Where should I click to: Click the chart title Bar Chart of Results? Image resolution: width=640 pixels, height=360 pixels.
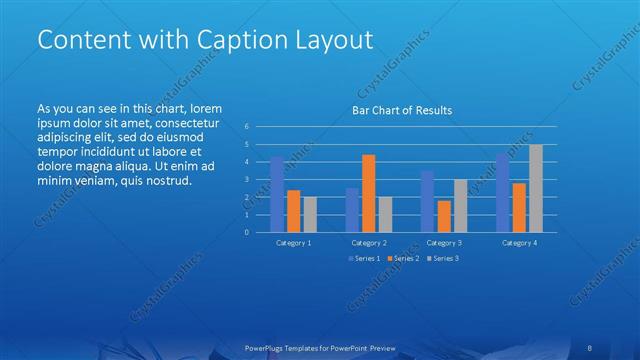pos(402,110)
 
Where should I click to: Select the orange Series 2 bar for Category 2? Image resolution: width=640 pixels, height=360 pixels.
pos(369,193)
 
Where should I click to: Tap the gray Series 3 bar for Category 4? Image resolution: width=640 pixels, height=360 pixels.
pos(536,188)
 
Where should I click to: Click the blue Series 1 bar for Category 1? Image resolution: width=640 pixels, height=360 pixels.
pos(277,194)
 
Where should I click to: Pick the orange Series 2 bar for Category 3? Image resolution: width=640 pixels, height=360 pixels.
pos(444,216)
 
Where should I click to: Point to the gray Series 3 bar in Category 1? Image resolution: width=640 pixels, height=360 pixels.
pos(310,214)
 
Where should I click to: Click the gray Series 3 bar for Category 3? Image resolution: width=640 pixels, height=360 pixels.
pos(460,205)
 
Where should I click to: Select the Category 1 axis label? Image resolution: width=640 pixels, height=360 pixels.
pos(293,243)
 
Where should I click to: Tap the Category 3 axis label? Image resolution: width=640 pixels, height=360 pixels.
pos(444,243)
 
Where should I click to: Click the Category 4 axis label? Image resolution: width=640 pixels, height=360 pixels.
pos(519,243)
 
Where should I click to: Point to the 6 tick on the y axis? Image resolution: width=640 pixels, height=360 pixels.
pos(246,127)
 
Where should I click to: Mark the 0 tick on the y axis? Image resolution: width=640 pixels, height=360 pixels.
pos(246,232)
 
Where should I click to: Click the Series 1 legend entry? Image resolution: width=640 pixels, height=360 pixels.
pos(364,259)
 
